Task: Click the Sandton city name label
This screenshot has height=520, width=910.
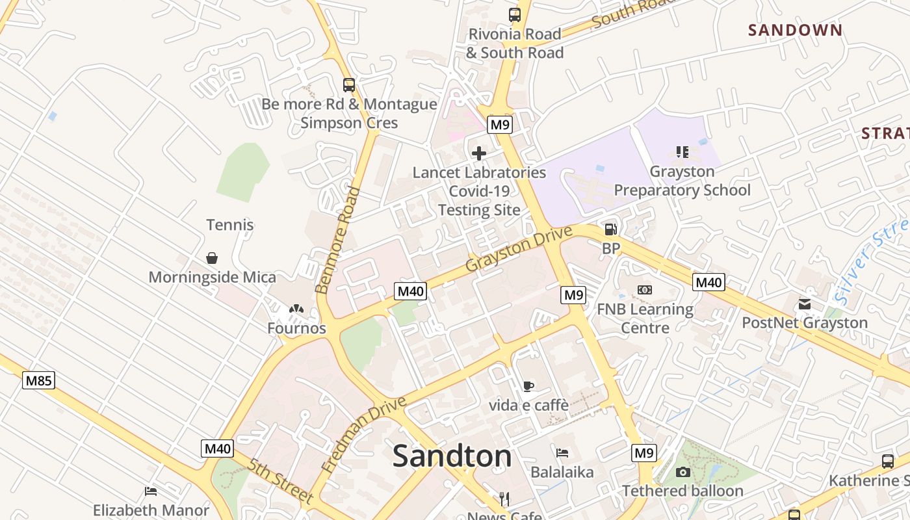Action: click(452, 456)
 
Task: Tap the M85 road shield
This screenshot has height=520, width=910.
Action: click(38, 380)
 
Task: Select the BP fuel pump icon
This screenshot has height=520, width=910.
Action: click(610, 229)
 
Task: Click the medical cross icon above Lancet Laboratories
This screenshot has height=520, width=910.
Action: click(479, 153)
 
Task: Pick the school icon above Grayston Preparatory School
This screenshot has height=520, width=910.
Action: click(682, 152)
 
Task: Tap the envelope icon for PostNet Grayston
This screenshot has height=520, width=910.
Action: click(805, 304)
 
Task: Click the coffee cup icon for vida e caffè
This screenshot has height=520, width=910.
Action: click(528, 386)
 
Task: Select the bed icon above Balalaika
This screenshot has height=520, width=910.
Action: click(562, 452)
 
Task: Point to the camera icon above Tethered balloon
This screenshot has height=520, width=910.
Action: click(682, 472)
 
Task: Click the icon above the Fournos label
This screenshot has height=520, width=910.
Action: click(296, 309)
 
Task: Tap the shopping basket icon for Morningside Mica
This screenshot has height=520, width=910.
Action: click(212, 258)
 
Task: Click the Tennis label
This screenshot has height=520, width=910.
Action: click(229, 225)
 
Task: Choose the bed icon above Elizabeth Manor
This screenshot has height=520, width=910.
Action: click(151, 491)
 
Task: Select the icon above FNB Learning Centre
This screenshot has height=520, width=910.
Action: click(645, 290)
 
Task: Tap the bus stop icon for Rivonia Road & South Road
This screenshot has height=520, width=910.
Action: click(515, 14)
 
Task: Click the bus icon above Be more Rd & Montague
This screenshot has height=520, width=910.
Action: click(349, 84)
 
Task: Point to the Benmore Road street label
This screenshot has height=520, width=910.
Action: click(337, 240)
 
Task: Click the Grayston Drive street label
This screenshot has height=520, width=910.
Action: click(519, 249)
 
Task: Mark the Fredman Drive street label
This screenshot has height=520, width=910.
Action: click(363, 434)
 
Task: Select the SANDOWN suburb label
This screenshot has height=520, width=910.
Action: click(795, 30)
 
